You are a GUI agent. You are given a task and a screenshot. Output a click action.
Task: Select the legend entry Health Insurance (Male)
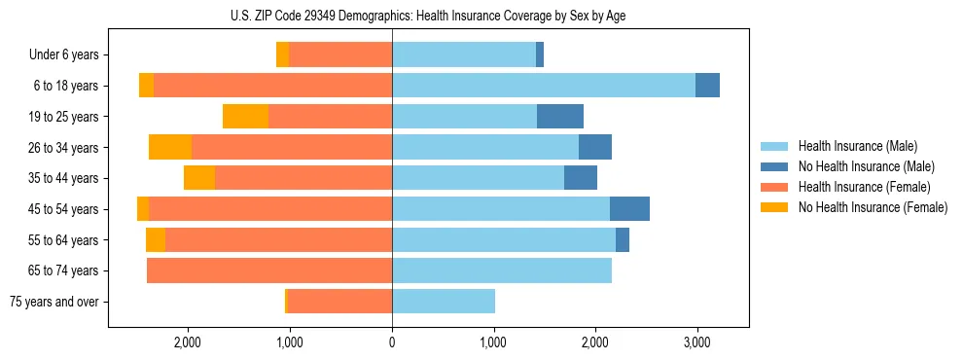click(x=851, y=146)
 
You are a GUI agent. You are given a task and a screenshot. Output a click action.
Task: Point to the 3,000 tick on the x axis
click(x=696, y=342)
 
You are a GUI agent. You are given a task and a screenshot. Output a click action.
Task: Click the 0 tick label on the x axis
click(x=392, y=342)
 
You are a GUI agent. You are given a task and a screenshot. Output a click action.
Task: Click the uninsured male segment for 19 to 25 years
click(x=560, y=117)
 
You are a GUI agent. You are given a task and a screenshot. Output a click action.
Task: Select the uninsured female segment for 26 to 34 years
click(x=170, y=147)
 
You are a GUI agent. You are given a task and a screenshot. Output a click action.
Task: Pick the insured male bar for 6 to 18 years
click(x=544, y=86)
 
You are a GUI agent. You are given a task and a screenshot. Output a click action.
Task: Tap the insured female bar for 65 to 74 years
click(x=269, y=270)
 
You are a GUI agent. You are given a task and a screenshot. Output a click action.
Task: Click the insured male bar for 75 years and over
click(x=444, y=302)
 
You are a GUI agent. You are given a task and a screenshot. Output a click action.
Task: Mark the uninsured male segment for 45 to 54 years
click(x=629, y=209)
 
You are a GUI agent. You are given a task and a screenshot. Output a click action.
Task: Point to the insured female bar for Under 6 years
click(x=340, y=55)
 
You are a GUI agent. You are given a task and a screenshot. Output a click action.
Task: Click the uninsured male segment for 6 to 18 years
click(x=707, y=86)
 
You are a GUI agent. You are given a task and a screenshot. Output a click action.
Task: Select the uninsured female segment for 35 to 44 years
click(x=199, y=178)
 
